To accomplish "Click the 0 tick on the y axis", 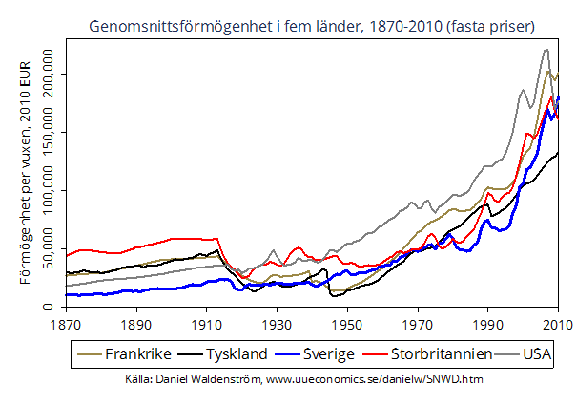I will point(52,308).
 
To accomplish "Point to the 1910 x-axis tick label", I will point(207,322).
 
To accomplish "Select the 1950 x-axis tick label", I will point(347,322).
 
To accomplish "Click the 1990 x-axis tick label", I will point(487,322).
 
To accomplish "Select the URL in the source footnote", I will point(374,380).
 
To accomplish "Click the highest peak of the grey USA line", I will point(546,50).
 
